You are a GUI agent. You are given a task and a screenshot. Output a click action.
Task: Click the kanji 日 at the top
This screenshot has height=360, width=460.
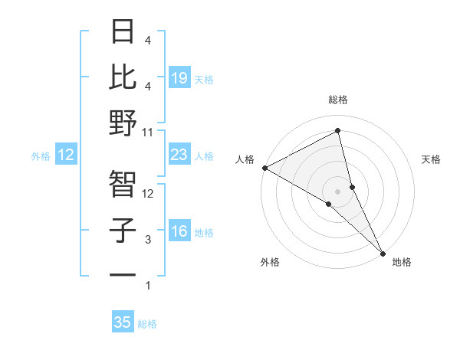123,31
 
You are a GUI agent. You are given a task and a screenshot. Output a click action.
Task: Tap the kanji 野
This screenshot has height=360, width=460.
123,123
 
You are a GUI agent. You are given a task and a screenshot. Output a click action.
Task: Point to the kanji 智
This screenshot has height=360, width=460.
123,183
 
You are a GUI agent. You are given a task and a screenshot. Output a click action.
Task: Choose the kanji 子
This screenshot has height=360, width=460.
123,230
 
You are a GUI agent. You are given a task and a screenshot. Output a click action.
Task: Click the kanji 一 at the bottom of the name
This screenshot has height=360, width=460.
123,274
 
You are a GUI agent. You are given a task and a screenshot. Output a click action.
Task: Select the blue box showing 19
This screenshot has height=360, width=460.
179,78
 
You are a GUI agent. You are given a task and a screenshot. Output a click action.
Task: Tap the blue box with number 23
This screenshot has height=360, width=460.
179,155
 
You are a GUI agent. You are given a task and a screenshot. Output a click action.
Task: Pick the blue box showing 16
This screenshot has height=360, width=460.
179,231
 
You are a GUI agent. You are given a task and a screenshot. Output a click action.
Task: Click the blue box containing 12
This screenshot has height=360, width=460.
65,155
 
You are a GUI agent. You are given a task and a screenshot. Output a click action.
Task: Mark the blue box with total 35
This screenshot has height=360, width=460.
123,322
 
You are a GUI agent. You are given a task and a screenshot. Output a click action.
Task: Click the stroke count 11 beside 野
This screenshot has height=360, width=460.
148,132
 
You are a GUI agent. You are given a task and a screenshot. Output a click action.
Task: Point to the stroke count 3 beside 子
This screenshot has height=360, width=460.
148,240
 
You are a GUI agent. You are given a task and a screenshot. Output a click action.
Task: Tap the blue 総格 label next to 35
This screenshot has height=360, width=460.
147,324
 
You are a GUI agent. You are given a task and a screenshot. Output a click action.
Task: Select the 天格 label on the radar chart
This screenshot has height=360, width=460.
431,159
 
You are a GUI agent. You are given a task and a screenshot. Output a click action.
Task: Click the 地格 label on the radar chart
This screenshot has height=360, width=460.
402,262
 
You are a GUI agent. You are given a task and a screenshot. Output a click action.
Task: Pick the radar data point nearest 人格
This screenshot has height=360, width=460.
264,168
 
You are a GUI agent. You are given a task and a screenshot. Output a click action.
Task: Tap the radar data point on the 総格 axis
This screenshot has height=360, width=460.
337,131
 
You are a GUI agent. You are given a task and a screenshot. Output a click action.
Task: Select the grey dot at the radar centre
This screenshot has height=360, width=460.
337,191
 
